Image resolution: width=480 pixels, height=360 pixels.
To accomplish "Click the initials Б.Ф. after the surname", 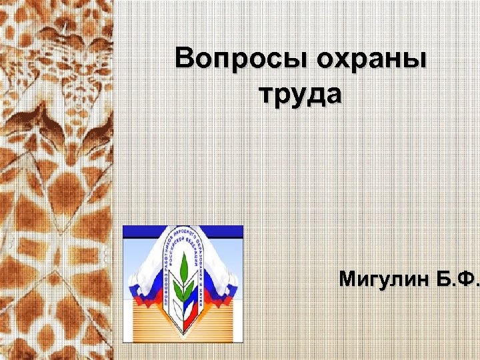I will [x=455, y=278].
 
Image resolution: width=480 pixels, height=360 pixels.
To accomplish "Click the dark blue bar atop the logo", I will [x=183, y=232].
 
